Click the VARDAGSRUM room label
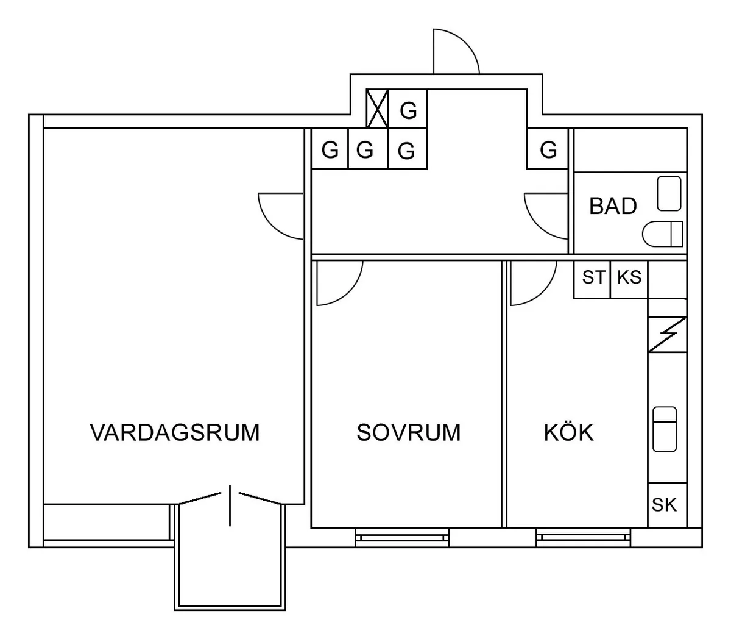point(175,432)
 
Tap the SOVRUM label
point(408,432)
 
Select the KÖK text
point(568,432)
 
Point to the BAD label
point(613,206)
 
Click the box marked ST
point(592,278)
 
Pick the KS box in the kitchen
point(629,278)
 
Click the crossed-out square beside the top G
point(378,109)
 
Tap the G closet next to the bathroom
point(548,149)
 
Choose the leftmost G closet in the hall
point(330,149)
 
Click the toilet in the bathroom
point(663,234)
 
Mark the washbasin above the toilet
point(669,193)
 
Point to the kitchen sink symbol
point(665,429)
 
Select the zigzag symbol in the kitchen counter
point(667,335)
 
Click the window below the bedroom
point(402,537)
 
